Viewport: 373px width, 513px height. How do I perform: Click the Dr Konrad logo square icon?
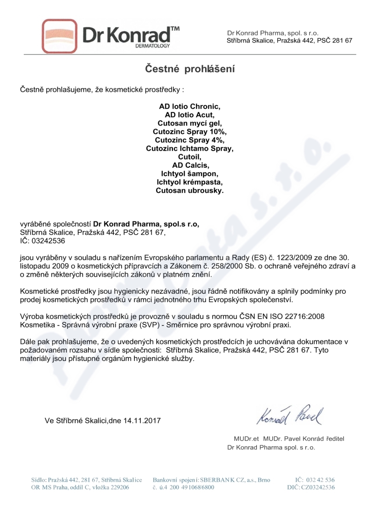click(x=58, y=35)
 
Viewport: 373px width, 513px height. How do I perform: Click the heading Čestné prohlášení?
click(x=189, y=69)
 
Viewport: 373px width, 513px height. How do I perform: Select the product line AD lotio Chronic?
click(x=189, y=106)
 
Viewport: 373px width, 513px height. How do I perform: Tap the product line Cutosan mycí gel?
click(x=189, y=123)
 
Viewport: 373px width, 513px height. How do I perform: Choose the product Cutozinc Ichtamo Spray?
click(x=189, y=148)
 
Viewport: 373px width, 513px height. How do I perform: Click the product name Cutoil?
click(x=189, y=157)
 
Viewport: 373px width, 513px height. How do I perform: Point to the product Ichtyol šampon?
click(x=189, y=173)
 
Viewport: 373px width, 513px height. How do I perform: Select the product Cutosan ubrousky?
click(x=189, y=190)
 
